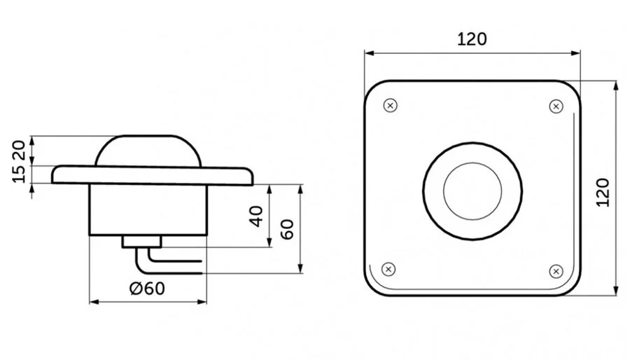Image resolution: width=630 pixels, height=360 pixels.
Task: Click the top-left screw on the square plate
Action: tap(391, 106)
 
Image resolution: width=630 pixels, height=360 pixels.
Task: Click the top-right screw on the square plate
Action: tap(556, 106)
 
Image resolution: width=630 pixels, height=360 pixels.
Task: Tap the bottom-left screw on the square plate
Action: tap(389, 269)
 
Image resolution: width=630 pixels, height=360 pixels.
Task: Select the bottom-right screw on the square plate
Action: tap(556, 270)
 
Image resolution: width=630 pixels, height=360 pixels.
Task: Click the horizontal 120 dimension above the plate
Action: tap(472, 39)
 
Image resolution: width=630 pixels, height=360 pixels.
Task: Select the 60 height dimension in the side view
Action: tap(287, 229)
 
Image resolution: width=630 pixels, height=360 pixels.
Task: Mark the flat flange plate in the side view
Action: tap(150, 175)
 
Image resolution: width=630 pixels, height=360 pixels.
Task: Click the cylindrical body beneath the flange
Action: tap(147, 210)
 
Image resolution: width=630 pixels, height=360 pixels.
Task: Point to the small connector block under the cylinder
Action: tap(141, 242)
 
